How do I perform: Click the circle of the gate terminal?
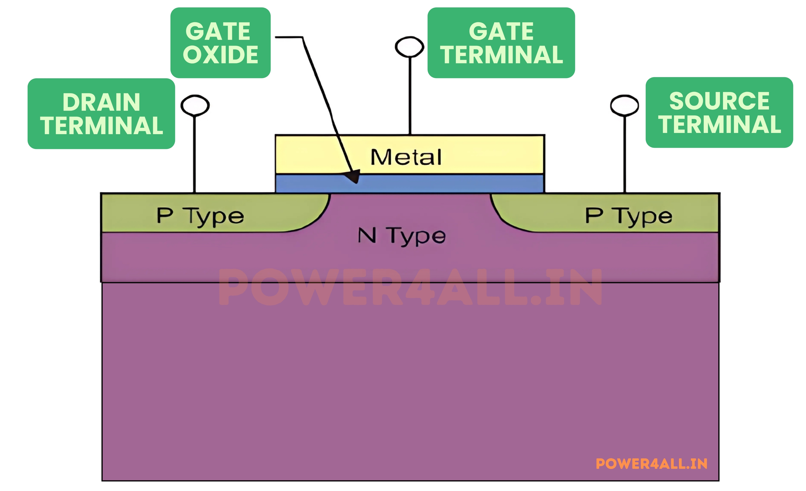(409, 47)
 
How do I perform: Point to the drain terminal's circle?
(195, 105)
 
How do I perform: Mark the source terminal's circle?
(624, 105)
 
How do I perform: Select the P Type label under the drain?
(200, 216)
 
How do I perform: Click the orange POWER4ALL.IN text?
(651, 464)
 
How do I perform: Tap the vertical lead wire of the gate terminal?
(410, 95)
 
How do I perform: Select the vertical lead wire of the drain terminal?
(195, 154)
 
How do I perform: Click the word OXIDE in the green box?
(220, 54)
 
